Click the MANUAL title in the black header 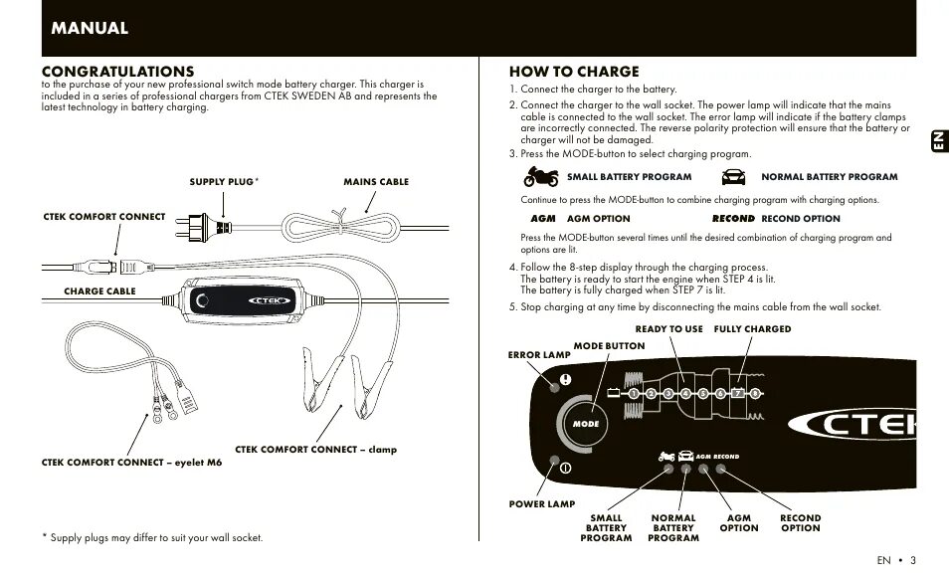[x=91, y=28]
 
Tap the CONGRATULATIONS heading [x=118, y=72]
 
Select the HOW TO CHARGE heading [x=574, y=72]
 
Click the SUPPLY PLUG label [x=222, y=182]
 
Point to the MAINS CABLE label [x=376, y=182]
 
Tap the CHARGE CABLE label [x=99, y=291]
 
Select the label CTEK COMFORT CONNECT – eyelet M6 [x=132, y=463]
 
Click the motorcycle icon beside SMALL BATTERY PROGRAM [x=542, y=177]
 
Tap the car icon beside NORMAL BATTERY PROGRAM [x=732, y=177]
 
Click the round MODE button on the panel [x=585, y=423]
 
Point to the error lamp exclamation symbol [x=566, y=378]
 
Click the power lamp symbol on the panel [x=563, y=468]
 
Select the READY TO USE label [x=668, y=329]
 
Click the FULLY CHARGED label [x=752, y=329]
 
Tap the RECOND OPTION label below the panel [x=800, y=522]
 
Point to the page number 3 [x=912, y=560]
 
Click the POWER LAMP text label [x=542, y=504]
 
